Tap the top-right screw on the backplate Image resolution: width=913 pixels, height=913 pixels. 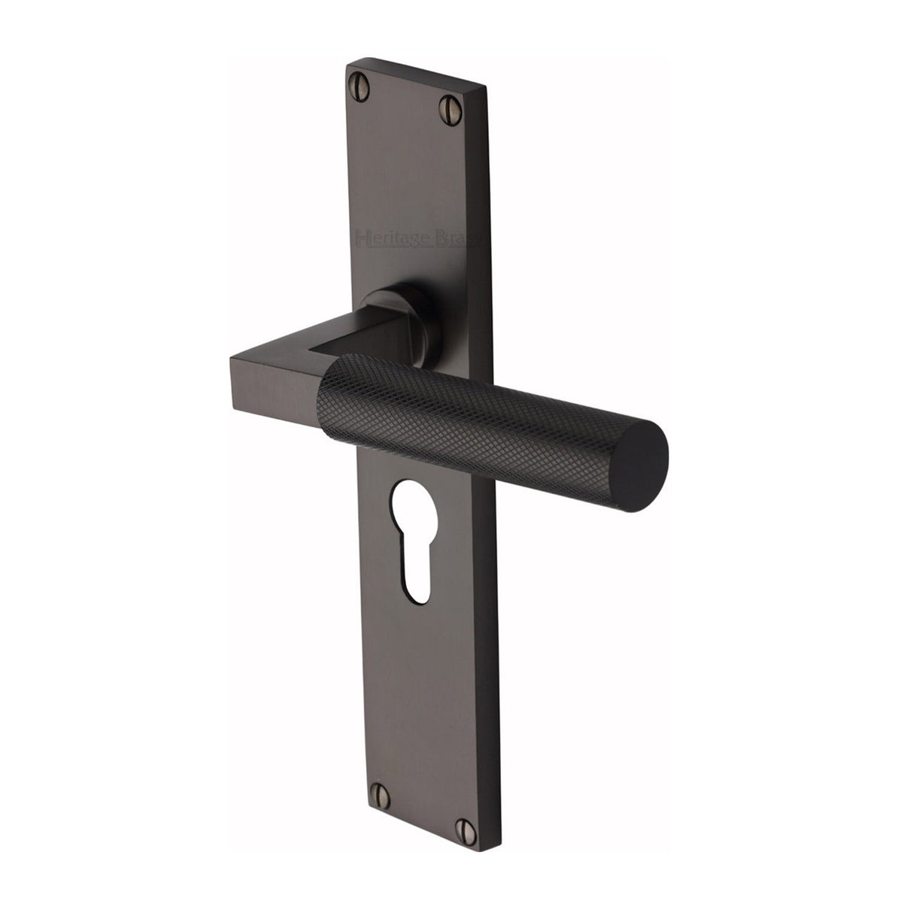coord(450,102)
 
